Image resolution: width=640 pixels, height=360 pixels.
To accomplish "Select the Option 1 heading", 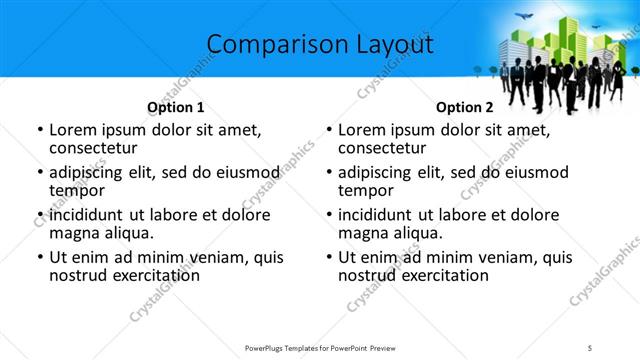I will (x=175, y=108).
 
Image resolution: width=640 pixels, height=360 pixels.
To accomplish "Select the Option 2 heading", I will (x=464, y=108).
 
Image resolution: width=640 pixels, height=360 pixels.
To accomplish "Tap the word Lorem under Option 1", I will (x=74, y=130).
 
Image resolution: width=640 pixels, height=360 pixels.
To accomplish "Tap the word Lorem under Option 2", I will (x=363, y=130).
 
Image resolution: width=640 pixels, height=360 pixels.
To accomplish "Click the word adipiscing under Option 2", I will (x=381, y=172).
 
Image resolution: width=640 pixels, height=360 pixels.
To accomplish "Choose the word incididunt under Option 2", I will (x=382, y=215).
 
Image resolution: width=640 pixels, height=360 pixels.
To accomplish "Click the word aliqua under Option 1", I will (x=127, y=233).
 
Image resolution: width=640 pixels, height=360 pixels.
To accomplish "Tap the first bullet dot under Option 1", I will (x=40, y=131).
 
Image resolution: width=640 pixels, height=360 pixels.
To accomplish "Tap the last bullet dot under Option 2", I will (x=329, y=257).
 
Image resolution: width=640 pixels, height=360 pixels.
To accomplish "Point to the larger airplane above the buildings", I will (x=524, y=17).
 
